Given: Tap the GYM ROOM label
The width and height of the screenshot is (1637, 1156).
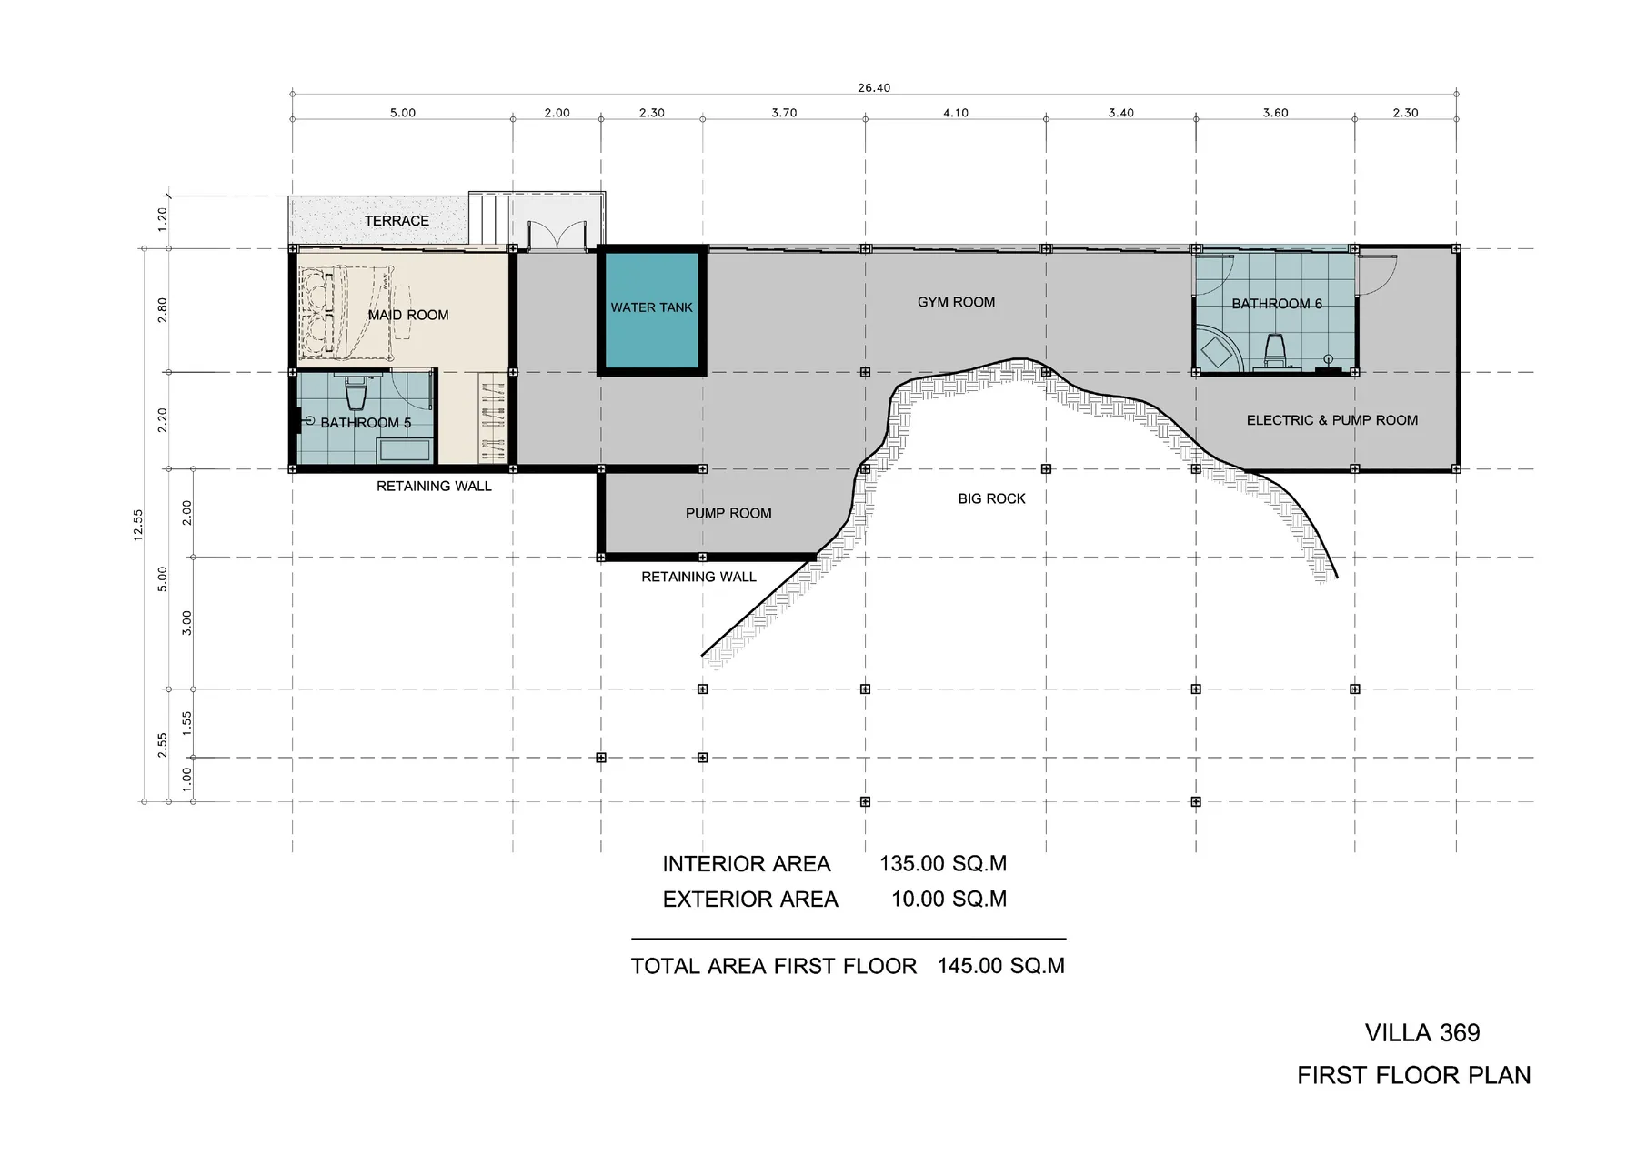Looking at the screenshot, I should (x=956, y=302).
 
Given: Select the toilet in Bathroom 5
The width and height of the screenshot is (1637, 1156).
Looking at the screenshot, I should (x=355, y=394).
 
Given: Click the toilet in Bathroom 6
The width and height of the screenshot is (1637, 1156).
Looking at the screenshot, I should (x=1274, y=347).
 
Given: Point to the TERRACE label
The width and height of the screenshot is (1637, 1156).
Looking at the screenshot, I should (x=397, y=221).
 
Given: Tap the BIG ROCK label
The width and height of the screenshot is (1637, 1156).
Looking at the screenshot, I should (x=991, y=498).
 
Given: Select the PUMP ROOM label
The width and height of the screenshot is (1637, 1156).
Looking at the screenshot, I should (x=728, y=513).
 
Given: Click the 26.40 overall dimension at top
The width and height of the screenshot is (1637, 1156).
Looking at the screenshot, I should (x=873, y=88).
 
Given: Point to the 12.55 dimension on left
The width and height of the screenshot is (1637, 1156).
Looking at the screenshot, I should (x=138, y=525).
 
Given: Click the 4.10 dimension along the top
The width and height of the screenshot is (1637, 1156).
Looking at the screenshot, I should (x=955, y=113).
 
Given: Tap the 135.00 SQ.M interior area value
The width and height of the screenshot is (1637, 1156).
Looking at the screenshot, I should (x=942, y=864).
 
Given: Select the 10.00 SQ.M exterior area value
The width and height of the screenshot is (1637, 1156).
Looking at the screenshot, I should (x=949, y=900).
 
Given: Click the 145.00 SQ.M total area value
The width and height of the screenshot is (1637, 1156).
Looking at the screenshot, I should (x=1000, y=966).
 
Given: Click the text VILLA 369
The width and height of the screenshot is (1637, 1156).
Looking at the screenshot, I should (x=1421, y=1033).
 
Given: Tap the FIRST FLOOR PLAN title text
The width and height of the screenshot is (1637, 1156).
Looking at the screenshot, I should (x=1413, y=1076).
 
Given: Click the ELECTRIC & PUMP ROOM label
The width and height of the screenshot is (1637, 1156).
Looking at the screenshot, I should (x=1331, y=420).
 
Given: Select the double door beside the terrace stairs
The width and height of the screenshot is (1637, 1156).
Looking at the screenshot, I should (x=556, y=234).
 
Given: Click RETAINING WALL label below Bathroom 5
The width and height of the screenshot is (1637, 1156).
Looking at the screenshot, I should (x=434, y=487).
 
